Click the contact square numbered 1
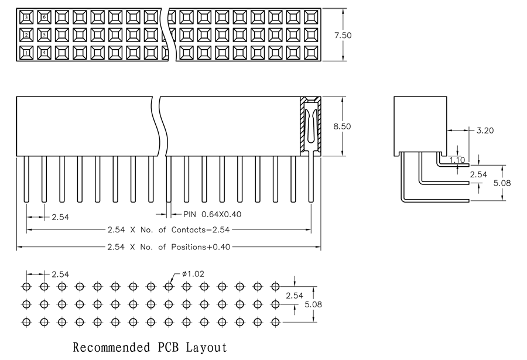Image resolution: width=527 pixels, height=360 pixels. point(26,52)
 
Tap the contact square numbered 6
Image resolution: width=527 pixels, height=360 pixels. point(44,17)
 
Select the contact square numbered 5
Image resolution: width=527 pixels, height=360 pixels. point(44,35)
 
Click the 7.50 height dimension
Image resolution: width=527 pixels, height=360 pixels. point(343,35)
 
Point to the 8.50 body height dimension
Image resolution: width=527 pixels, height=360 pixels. point(342,126)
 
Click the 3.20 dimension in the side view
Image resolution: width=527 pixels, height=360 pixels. point(485,131)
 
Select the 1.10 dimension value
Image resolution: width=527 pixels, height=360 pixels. point(457,160)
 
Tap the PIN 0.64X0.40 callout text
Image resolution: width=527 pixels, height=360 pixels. point(213,214)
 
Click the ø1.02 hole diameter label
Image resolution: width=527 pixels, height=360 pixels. point(193,274)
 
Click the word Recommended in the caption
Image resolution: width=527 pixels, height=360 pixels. point(112,347)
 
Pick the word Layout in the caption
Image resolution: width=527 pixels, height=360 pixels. point(207,347)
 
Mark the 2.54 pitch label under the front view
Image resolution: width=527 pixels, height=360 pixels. point(60,217)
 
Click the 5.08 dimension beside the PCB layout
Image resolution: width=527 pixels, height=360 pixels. point(313,304)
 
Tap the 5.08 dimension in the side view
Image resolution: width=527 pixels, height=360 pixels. point(502,183)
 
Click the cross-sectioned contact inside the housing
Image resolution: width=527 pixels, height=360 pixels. point(311,128)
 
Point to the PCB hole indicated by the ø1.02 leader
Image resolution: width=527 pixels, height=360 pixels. point(169,287)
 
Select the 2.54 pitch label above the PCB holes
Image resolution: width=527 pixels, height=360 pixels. point(60,275)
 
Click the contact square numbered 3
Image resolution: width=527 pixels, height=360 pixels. point(26,17)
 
